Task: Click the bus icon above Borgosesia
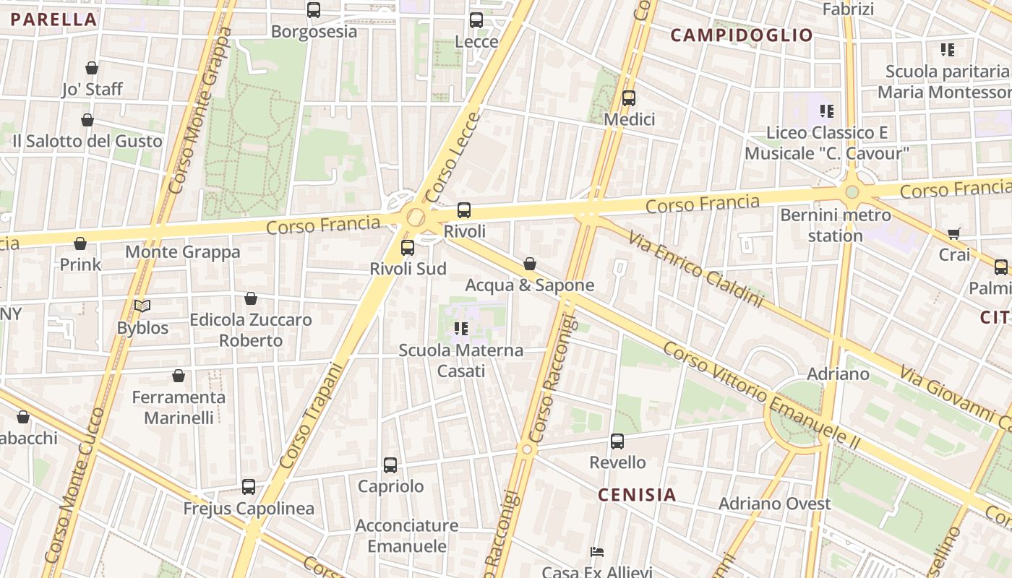click(x=314, y=10)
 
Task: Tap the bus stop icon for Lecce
click(x=476, y=20)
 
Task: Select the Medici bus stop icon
click(x=629, y=98)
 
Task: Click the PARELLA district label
click(x=54, y=20)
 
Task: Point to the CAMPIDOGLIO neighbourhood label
click(x=742, y=35)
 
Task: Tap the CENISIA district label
click(x=637, y=495)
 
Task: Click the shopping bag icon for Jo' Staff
click(x=92, y=68)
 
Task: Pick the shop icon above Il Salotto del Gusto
click(x=87, y=120)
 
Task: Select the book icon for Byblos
click(x=142, y=306)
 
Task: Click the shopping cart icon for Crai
click(x=954, y=233)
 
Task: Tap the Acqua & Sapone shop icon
click(x=530, y=264)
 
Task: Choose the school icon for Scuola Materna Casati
click(x=461, y=329)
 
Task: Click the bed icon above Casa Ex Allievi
click(x=597, y=552)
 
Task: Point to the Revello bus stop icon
click(x=617, y=441)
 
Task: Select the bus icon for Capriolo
click(x=390, y=465)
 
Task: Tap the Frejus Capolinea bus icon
click(x=249, y=487)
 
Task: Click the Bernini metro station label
click(x=836, y=225)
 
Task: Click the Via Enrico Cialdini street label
click(x=695, y=269)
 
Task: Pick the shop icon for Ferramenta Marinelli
click(x=179, y=376)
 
